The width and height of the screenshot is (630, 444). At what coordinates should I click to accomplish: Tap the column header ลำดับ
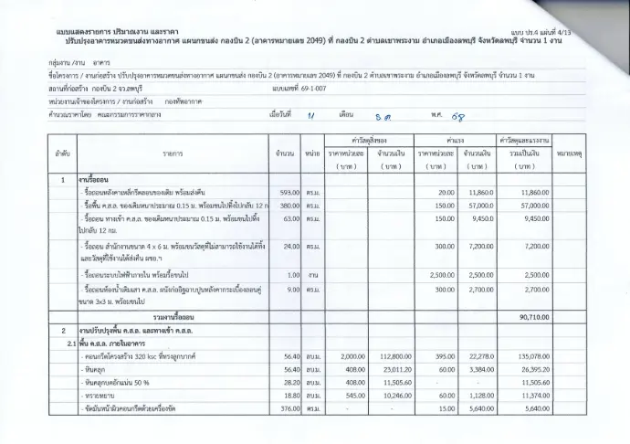point(62,153)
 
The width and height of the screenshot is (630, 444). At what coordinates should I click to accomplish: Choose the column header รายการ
point(173,153)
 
